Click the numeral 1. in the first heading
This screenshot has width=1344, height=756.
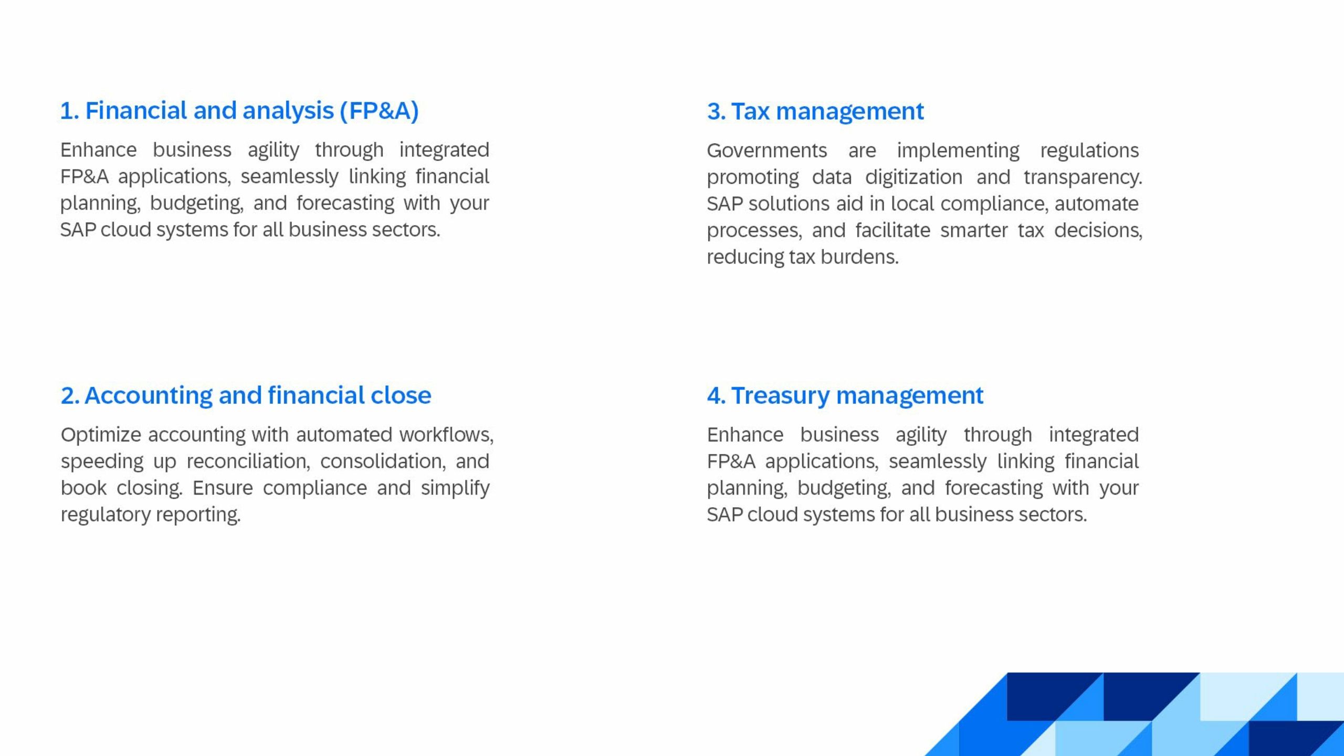pos(69,111)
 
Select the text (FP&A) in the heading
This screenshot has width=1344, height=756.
pos(379,111)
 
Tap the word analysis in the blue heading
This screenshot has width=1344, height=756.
pos(288,111)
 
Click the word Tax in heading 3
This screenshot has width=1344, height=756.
pos(750,111)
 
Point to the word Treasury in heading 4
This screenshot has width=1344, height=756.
pos(780,395)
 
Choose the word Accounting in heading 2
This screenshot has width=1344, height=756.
pos(148,395)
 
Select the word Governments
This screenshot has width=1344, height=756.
pos(766,151)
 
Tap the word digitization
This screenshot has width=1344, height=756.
pos(913,177)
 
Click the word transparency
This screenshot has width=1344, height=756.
pos(1083,177)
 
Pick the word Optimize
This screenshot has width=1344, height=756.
pos(101,435)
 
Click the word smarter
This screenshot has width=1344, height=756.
pos(974,230)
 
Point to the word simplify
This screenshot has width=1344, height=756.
pos(455,488)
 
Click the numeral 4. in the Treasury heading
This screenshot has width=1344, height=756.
pos(716,395)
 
